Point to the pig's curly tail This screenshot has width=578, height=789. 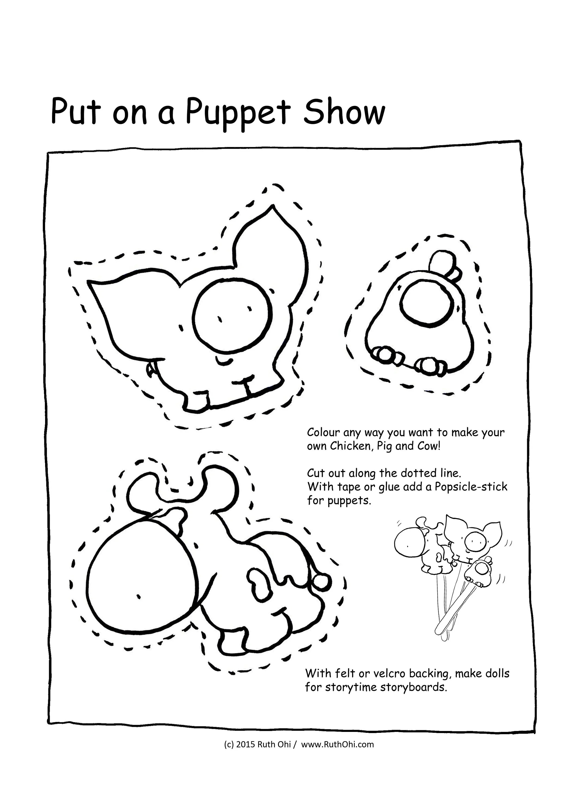151,370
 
